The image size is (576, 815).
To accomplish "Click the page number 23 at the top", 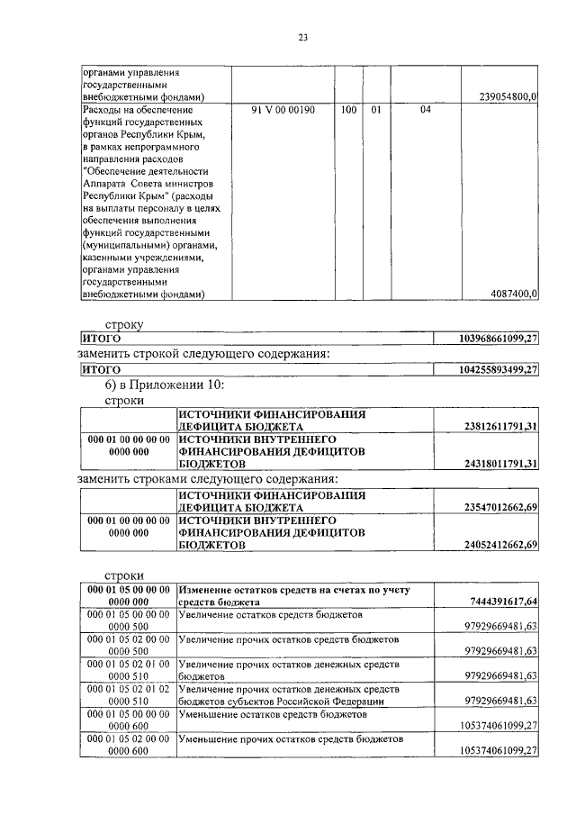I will pyautogui.click(x=303, y=37).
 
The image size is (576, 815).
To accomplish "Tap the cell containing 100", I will pyautogui.click(x=348, y=111).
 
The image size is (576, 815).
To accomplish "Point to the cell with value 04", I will pyautogui.click(x=425, y=111).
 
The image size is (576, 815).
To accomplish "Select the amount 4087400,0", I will pyautogui.click(x=513, y=294).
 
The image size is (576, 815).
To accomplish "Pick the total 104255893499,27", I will pyautogui.click(x=498, y=369).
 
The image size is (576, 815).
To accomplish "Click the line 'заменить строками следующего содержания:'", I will pyautogui.click(x=208, y=478).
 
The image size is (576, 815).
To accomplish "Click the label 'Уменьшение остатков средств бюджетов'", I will pyautogui.click(x=270, y=714).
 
